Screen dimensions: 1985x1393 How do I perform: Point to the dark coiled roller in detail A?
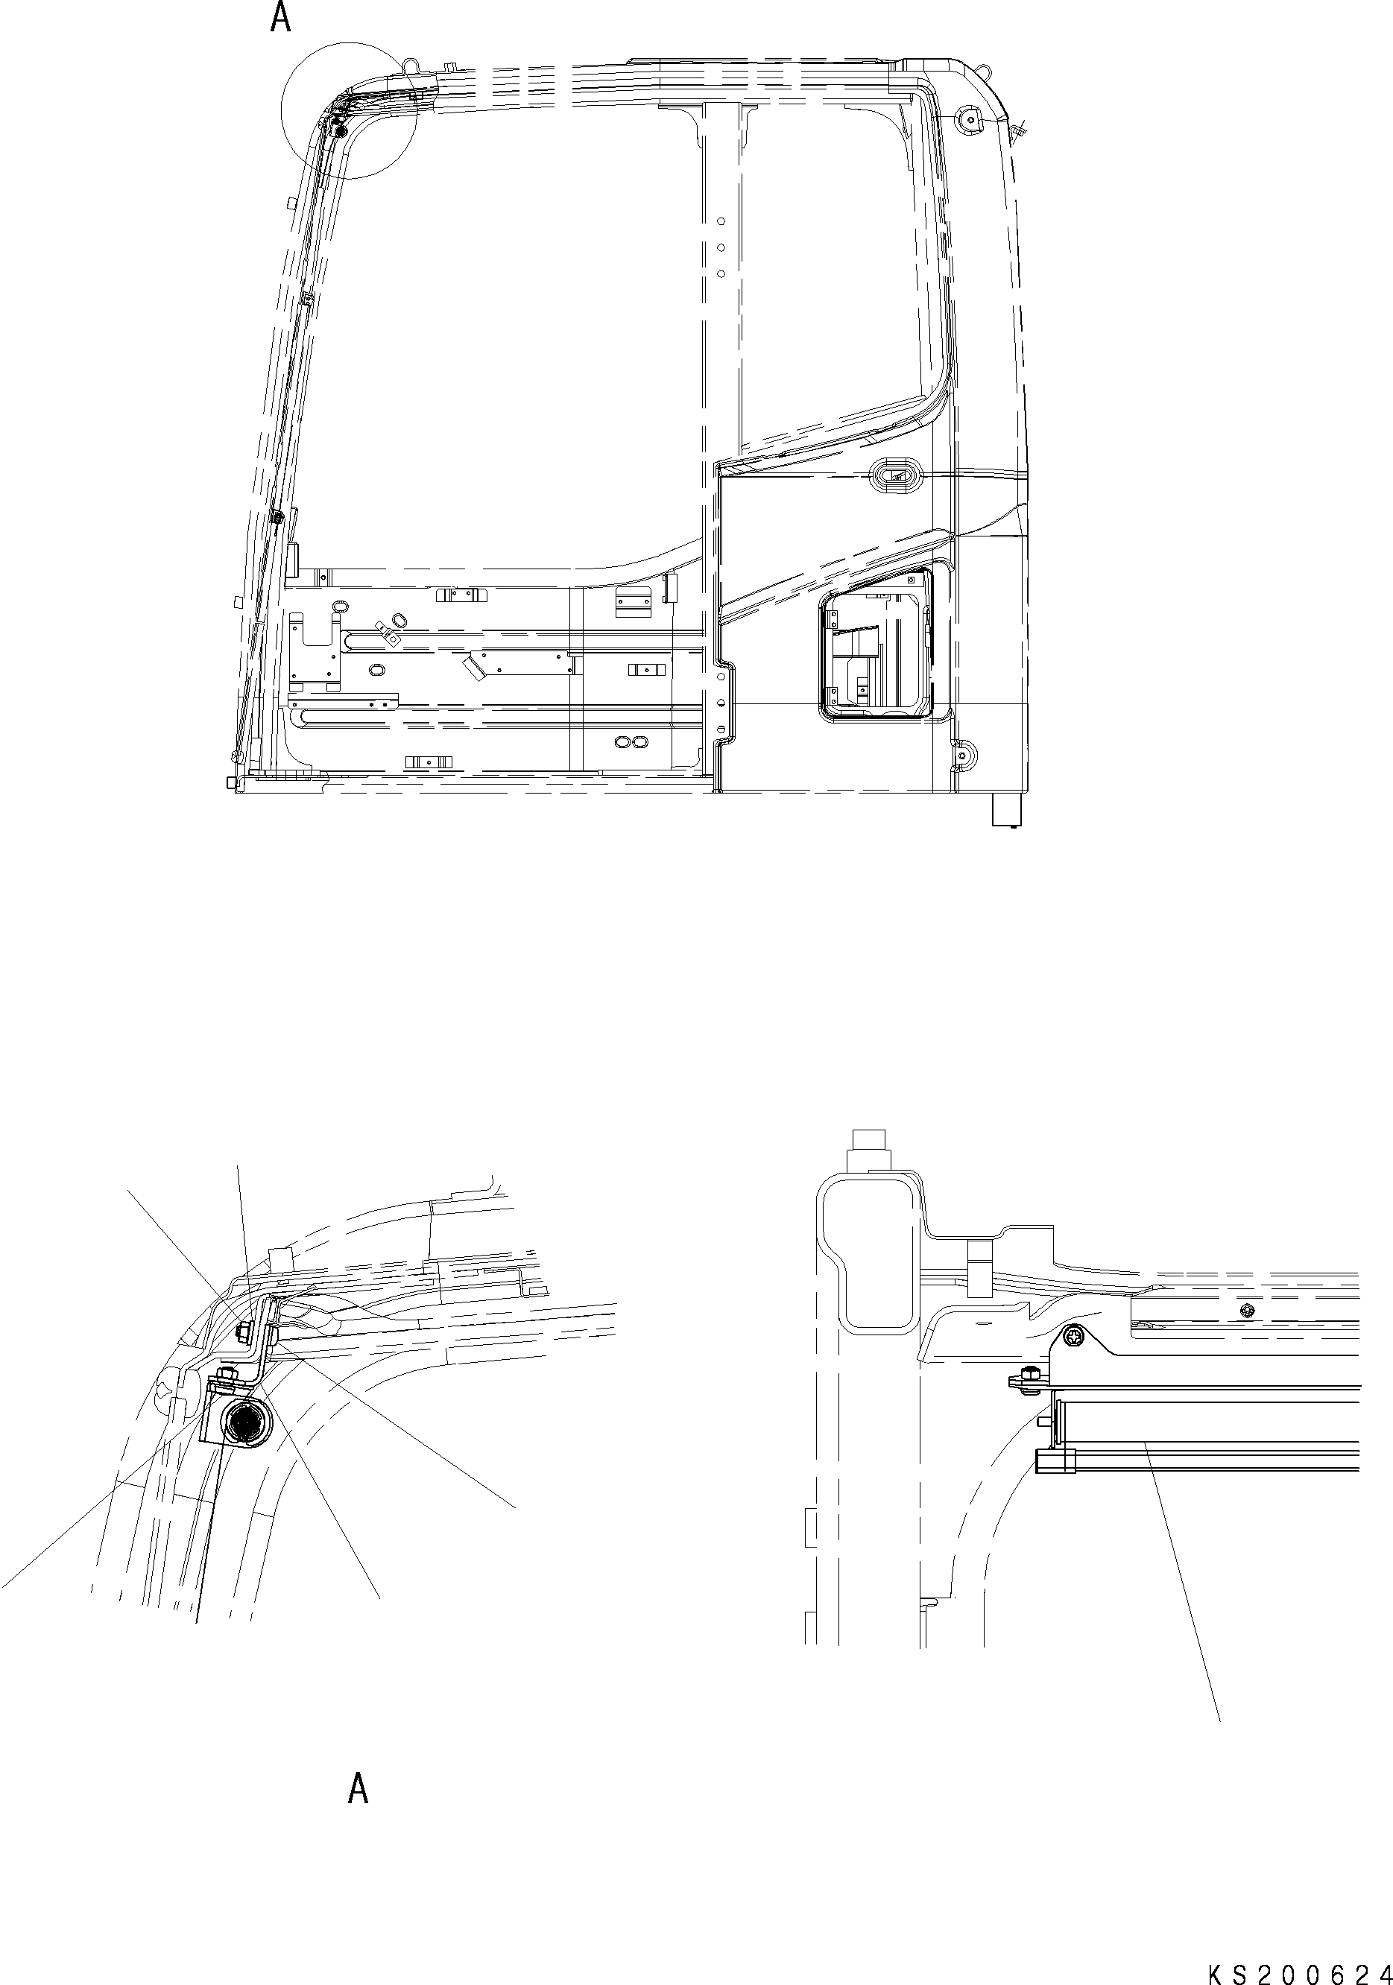[244, 1419]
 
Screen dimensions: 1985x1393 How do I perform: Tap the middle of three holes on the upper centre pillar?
[720, 248]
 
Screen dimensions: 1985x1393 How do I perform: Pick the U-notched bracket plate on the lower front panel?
[313, 650]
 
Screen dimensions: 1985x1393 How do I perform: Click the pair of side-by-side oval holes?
[631, 742]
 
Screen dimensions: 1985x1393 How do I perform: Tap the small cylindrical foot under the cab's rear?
[1005, 811]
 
